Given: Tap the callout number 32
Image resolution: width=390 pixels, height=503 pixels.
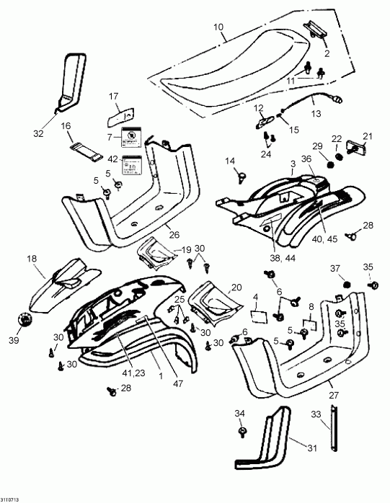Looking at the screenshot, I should point(37,134).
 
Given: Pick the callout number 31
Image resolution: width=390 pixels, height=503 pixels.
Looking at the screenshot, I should point(312,449).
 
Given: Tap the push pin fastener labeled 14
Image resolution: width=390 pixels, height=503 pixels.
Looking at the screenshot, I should point(237,174).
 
